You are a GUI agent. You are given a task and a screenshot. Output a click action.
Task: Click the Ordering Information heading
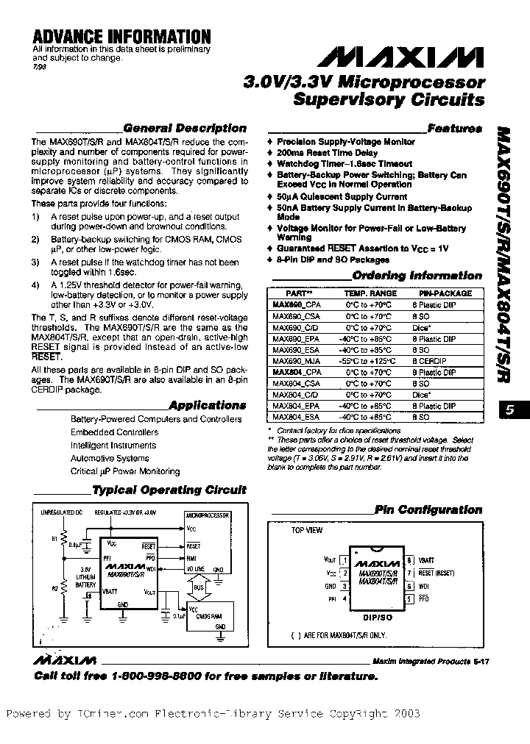417,276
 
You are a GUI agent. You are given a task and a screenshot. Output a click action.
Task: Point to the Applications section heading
207,405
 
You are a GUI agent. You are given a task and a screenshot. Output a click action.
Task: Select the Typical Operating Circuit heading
169,490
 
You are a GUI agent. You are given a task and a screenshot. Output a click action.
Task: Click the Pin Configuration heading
428,509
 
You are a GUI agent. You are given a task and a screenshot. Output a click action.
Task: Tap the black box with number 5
512,411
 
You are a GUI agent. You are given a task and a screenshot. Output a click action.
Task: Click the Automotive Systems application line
110,458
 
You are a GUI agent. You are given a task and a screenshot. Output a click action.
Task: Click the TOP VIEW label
306,530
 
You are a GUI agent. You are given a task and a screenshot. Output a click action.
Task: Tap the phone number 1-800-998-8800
155,676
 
